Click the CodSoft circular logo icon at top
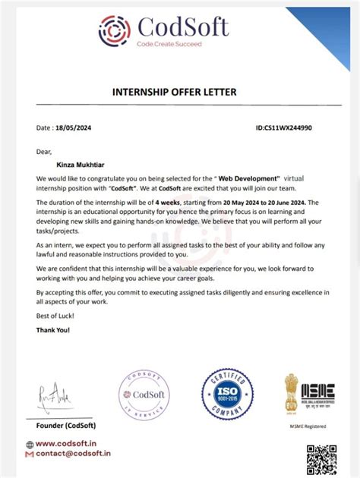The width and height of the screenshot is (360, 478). pyautogui.click(x=115, y=31)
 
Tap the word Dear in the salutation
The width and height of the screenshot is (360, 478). pyautogui.click(x=45, y=152)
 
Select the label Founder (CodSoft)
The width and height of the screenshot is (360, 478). pyautogui.click(x=65, y=425)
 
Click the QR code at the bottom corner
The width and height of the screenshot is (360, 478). pyautogui.click(x=321, y=460)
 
